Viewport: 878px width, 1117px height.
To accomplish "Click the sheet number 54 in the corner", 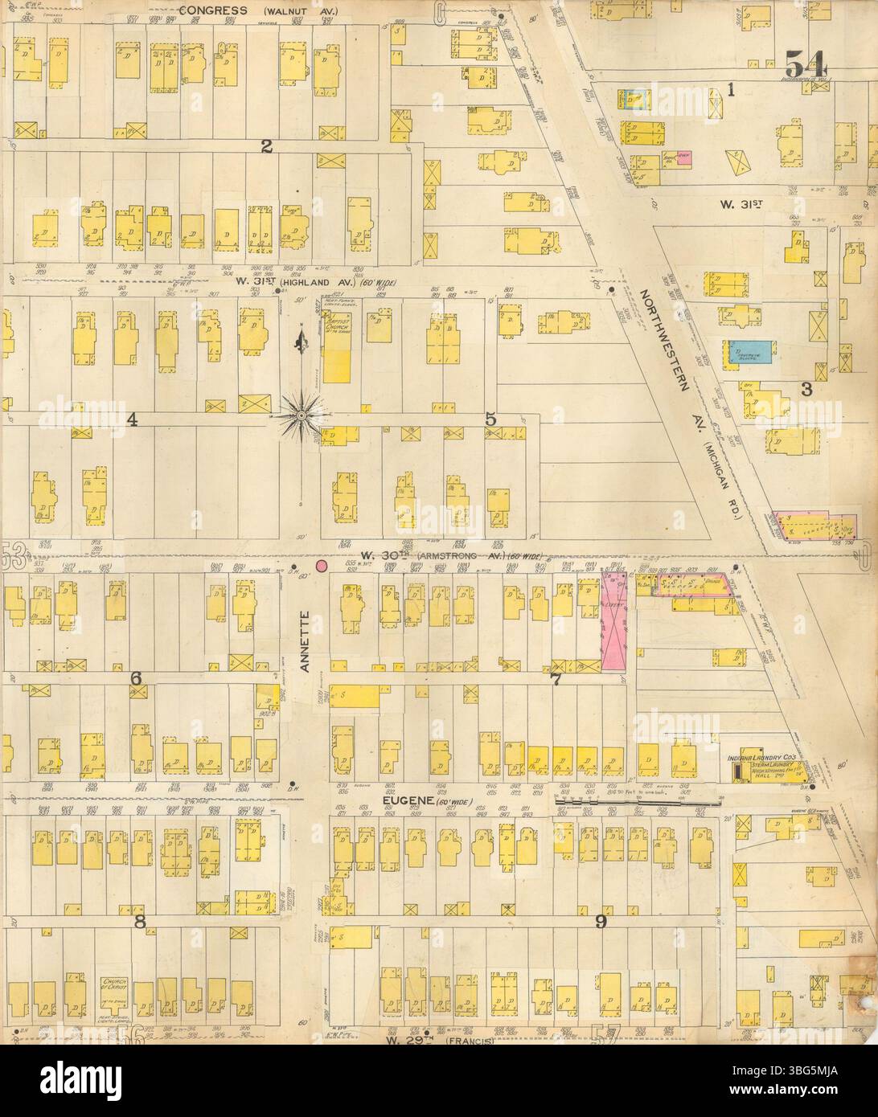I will tap(808, 63).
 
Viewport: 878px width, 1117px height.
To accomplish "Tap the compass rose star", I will tap(303, 415).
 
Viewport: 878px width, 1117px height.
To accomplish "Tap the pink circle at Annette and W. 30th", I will tap(322, 566).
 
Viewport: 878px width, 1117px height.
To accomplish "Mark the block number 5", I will tap(489, 418).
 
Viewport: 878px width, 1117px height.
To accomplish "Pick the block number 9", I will tap(600, 922).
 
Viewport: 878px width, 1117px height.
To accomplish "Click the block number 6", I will tap(136, 680).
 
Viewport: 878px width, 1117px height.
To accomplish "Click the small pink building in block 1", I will tap(684, 158).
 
